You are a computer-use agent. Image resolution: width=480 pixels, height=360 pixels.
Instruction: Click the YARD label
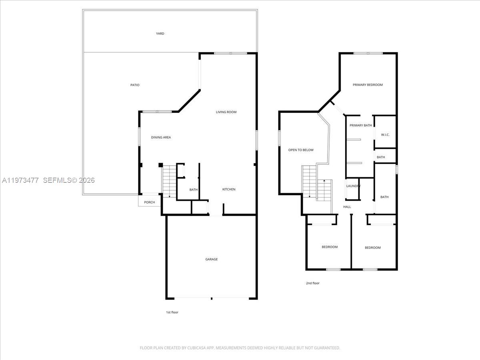click(x=160, y=34)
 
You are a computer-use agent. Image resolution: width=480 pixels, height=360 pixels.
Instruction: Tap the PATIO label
click(x=135, y=85)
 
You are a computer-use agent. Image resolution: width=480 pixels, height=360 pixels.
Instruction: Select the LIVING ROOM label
click(x=226, y=112)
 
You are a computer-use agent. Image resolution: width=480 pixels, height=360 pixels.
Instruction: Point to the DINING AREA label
click(x=161, y=138)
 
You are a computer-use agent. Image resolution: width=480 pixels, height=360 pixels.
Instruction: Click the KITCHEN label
click(x=229, y=189)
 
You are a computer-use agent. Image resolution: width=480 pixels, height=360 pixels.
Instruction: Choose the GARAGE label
click(x=212, y=259)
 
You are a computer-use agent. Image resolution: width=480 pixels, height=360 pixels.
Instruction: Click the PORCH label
click(x=149, y=202)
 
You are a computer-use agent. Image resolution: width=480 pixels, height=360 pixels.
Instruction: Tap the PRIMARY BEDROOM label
click(x=368, y=85)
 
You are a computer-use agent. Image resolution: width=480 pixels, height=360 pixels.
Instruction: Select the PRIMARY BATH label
click(x=360, y=126)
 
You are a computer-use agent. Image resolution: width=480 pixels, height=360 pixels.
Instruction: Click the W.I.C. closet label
click(x=385, y=135)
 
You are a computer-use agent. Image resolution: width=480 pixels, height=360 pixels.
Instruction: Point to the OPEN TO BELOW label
click(x=301, y=150)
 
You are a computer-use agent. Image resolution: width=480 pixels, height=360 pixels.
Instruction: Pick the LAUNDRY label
click(x=353, y=186)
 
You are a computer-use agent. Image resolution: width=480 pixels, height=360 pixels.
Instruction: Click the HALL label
click(x=347, y=207)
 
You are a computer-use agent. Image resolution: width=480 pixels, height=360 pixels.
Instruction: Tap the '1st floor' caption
click(x=172, y=312)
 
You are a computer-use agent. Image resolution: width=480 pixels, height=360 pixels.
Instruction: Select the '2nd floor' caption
click(x=313, y=283)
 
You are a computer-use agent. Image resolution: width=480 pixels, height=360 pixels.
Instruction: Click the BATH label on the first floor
click(x=194, y=190)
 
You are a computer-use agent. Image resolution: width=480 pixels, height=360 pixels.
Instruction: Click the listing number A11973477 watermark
click(x=20, y=180)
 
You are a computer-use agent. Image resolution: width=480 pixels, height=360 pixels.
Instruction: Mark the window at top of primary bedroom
click(x=368, y=53)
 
